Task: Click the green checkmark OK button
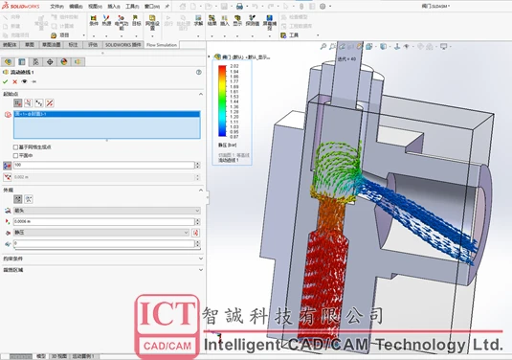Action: pyautogui.click(x=7, y=81)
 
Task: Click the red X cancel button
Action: pyautogui.click(x=16, y=81)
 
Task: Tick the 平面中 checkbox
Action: pyautogui.click(x=15, y=154)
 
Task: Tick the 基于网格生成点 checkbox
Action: pyautogui.click(x=15, y=146)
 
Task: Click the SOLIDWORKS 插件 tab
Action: pyautogui.click(x=122, y=44)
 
